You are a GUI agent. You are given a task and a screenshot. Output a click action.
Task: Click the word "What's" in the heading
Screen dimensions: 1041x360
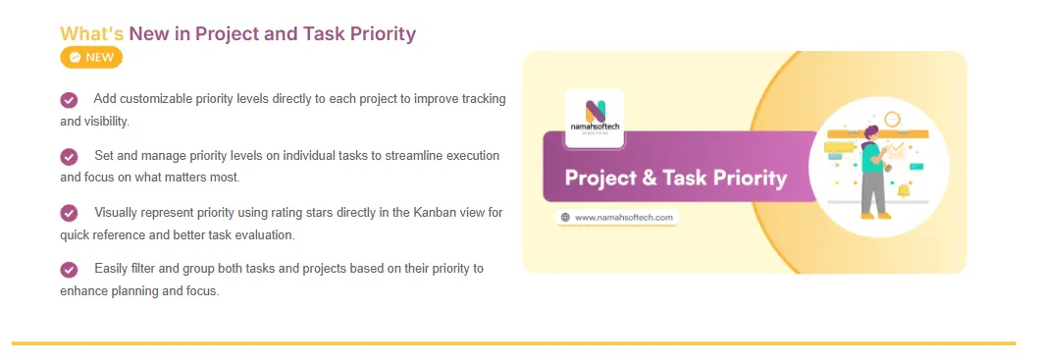(x=91, y=33)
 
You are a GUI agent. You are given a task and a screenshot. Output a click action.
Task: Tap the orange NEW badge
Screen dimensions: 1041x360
(x=91, y=57)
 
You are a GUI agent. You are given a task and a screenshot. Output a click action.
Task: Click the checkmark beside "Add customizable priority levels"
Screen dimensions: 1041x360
(x=69, y=100)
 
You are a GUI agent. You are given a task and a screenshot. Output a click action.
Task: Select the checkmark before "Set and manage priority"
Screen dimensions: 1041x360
(x=69, y=157)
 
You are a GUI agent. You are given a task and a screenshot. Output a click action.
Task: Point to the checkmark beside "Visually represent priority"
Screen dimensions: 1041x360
(x=69, y=213)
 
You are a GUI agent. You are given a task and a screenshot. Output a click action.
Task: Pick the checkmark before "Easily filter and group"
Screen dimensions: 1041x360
(x=69, y=270)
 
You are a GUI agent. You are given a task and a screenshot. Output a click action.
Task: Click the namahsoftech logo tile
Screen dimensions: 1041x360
(x=594, y=119)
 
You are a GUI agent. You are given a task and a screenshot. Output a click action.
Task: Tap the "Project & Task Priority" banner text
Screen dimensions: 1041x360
(x=675, y=178)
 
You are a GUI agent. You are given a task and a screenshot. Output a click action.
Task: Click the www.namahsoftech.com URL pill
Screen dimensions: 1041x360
(x=617, y=217)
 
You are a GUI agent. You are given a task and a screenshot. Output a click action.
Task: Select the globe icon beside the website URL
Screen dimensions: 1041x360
(x=566, y=217)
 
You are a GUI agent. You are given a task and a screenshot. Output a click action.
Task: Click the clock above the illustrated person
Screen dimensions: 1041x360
(x=892, y=120)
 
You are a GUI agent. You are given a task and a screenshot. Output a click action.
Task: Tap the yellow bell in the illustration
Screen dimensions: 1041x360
(x=904, y=191)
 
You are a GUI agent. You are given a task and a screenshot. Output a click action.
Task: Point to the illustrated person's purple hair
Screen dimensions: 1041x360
(x=872, y=130)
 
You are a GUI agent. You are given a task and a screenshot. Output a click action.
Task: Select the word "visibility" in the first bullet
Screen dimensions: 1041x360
(x=104, y=123)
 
